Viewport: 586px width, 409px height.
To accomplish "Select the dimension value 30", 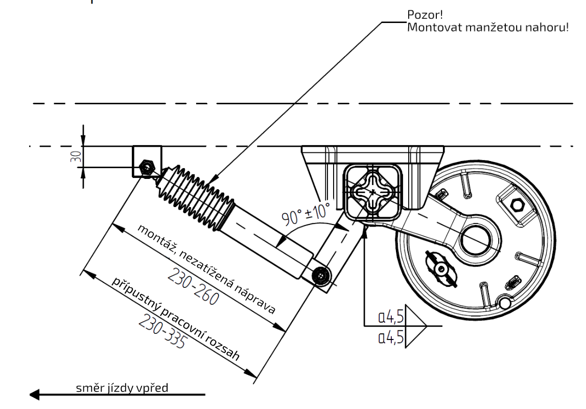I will click(x=76, y=156).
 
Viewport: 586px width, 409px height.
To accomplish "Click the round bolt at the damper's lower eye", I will click(x=320, y=276).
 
